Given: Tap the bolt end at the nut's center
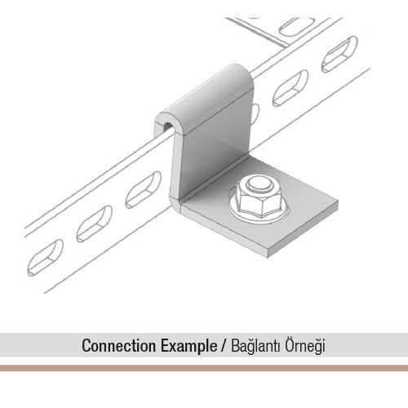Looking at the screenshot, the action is coord(260,184).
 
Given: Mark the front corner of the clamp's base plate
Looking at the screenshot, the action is coord(268,257).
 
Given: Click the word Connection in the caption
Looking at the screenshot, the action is coord(118,346).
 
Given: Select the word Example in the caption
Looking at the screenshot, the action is coord(188,346).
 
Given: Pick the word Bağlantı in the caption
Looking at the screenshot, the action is coord(255,346).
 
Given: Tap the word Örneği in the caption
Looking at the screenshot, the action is coord(305,346).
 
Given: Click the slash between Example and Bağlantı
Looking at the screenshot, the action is coord(224,346).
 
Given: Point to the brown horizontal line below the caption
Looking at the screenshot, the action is coord(204,368).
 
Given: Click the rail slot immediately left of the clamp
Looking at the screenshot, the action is coord(144,190).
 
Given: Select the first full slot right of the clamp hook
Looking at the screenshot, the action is coord(290,88).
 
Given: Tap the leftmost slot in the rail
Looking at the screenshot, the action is coord(45,258).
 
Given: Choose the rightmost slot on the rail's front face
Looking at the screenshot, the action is coord(339,54).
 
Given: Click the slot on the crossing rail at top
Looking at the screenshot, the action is coord(297,26).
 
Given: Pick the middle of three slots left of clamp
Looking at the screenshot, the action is coord(94,224).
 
